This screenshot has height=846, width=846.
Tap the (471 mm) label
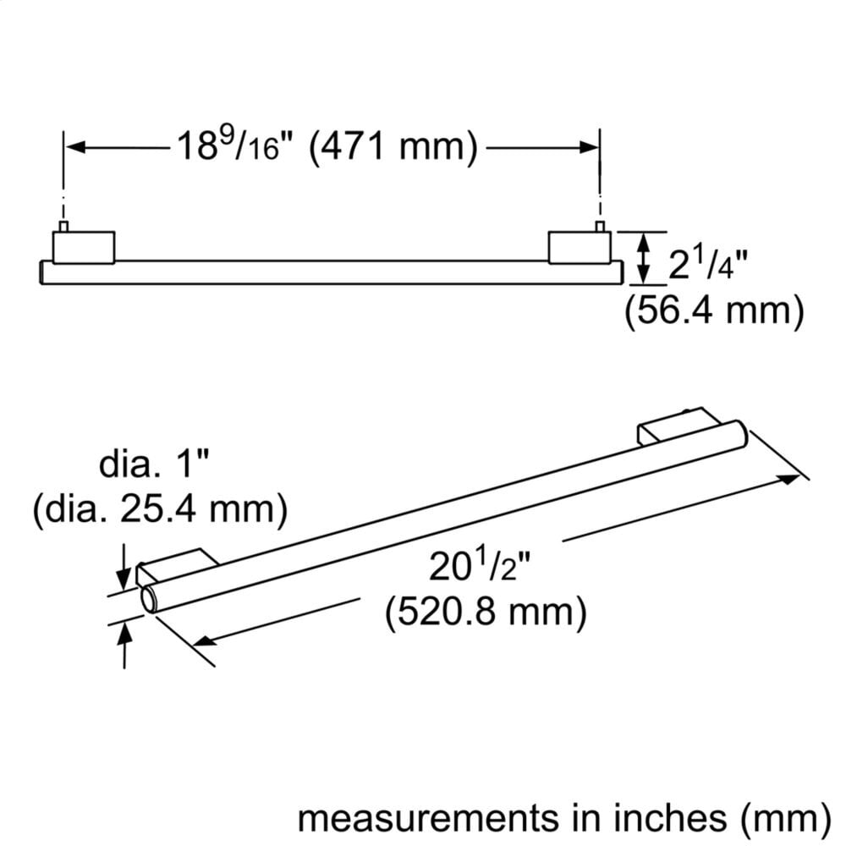393,146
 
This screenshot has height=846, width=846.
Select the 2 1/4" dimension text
708,263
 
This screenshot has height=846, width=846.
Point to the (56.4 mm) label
714,311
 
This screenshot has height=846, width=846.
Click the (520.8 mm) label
486,613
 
